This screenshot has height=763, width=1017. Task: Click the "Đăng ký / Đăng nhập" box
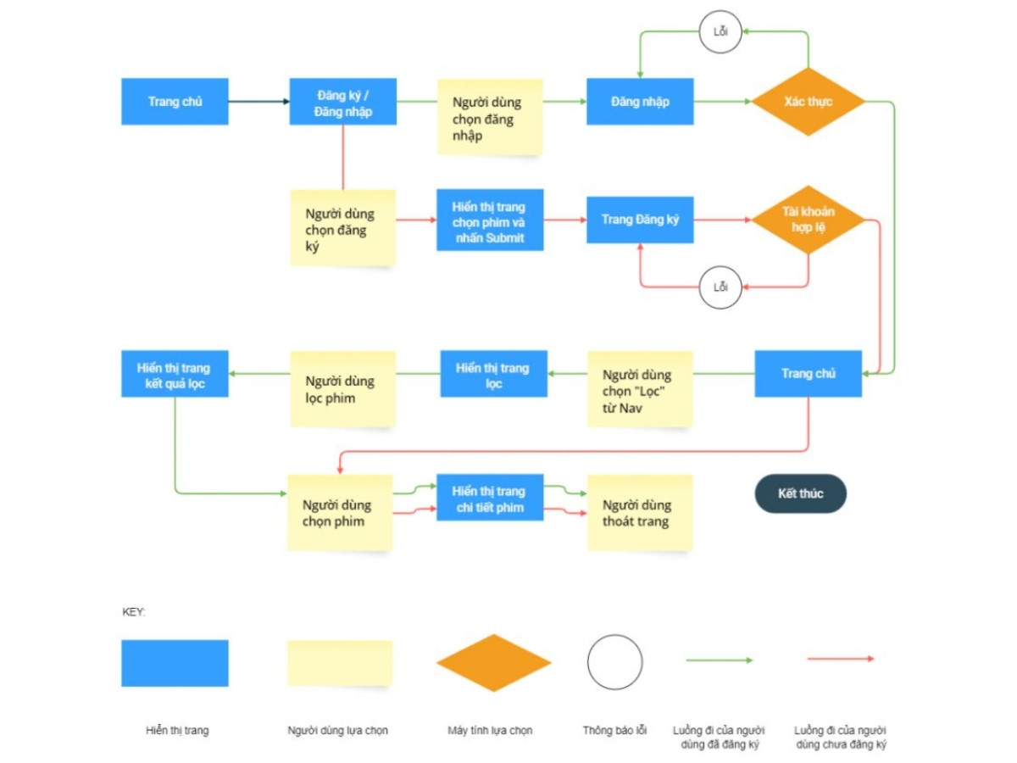click(x=342, y=102)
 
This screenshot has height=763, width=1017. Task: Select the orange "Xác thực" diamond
click(x=808, y=102)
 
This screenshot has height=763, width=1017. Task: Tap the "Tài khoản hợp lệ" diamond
click(x=808, y=220)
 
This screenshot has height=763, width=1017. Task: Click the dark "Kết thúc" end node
click(x=800, y=493)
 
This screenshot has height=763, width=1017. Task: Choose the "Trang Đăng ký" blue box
click(x=640, y=220)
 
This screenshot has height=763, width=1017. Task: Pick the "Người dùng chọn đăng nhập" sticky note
click(x=490, y=117)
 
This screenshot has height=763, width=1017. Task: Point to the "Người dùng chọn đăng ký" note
click(x=342, y=227)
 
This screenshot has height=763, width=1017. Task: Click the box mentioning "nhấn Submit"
click(x=490, y=220)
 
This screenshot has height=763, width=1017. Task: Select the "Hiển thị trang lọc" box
click(x=493, y=374)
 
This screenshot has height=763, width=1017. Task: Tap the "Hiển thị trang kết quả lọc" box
click(x=175, y=374)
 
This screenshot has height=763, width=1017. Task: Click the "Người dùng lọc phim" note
click(x=342, y=389)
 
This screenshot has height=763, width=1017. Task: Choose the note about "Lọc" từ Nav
click(x=640, y=389)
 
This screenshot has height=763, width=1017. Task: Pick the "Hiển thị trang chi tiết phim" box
click(x=490, y=498)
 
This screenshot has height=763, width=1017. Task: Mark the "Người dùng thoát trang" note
click(x=640, y=513)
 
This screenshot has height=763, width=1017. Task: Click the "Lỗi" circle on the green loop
click(x=720, y=33)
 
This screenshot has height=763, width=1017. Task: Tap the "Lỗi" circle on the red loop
click(x=720, y=287)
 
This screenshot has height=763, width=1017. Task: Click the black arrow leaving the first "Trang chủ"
click(x=258, y=102)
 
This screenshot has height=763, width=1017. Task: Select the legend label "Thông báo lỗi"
click(x=614, y=730)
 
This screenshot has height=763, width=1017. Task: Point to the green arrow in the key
click(x=719, y=660)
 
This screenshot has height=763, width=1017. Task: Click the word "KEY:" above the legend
click(x=134, y=611)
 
